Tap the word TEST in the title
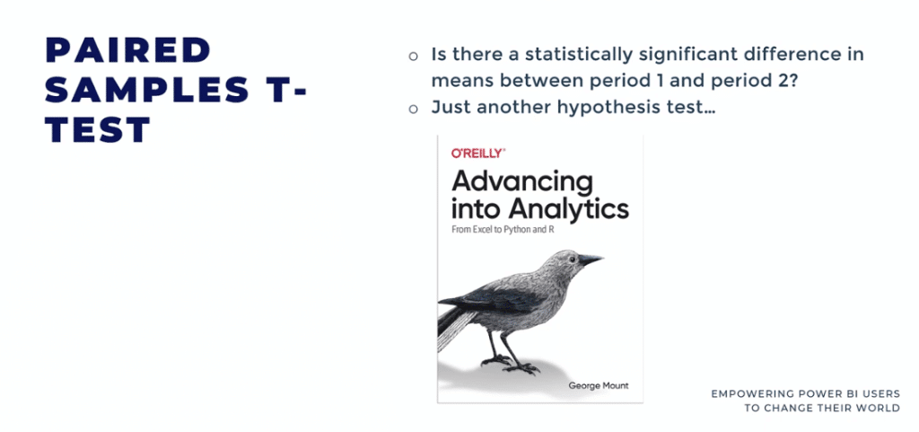[x=99, y=129]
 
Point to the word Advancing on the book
[x=522, y=182]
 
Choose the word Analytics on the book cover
[x=568, y=208]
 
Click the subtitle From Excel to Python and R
[x=503, y=230]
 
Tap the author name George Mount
[x=598, y=385]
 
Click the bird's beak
[x=591, y=259]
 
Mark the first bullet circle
[x=413, y=57]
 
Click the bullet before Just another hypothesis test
[x=413, y=109]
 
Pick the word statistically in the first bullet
[x=578, y=56]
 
